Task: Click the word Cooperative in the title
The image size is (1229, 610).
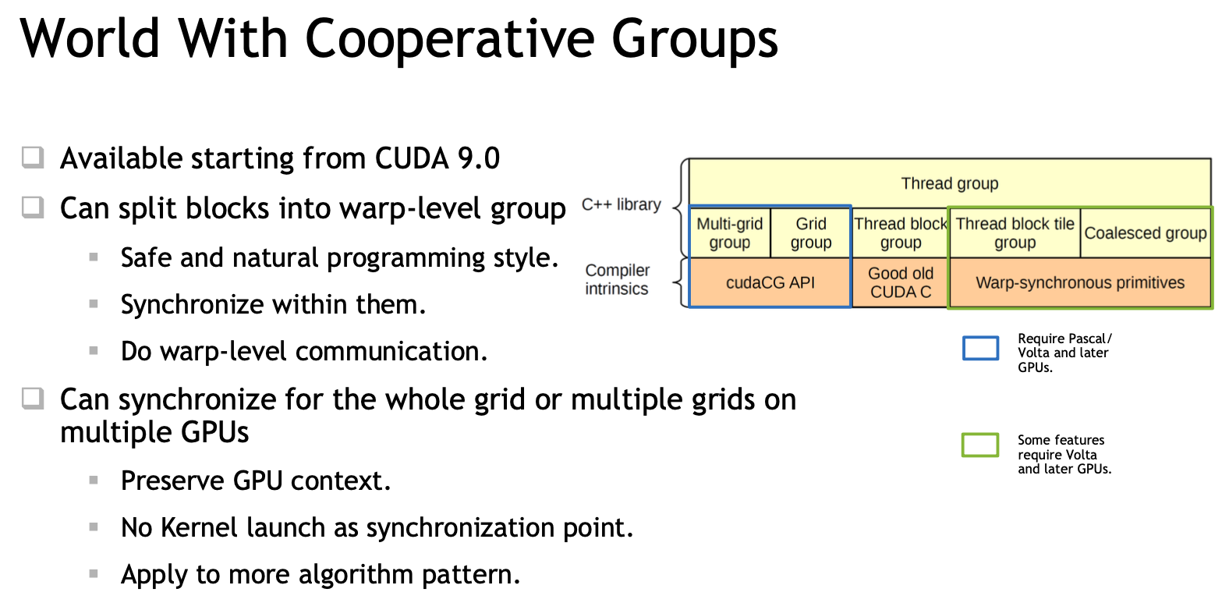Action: pos(450,39)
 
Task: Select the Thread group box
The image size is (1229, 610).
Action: pos(949,183)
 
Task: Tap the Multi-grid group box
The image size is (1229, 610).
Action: pos(730,232)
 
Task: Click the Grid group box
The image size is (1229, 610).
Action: pos(811,232)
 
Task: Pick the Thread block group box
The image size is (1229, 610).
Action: pos(900,232)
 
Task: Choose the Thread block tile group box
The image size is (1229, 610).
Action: pos(1015,232)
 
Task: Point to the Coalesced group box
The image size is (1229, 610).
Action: pos(1145,232)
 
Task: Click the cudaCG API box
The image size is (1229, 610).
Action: pos(770,282)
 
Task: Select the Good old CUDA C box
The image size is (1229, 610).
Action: pos(900,282)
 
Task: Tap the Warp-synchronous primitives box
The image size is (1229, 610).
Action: pos(1080,282)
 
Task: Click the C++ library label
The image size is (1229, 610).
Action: pos(622,204)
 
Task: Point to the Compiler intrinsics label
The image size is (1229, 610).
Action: pos(617,279)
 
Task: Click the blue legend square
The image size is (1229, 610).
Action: pos(980,348)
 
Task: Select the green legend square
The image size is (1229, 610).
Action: pos(980,445)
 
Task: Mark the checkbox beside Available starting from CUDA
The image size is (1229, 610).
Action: pos(33,158)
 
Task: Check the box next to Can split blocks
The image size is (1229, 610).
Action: pos(33,207)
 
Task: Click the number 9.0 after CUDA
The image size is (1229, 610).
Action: pos(478,158)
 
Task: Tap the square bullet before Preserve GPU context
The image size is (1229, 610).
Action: pos(94,480)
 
